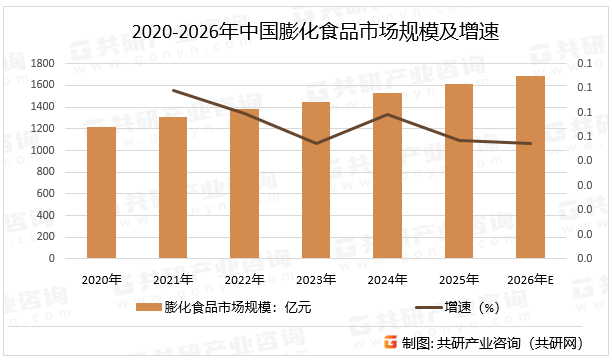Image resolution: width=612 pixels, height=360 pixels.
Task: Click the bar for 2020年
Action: click(x=101, y=192)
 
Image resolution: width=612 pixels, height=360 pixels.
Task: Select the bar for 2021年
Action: click(x=173, y=187)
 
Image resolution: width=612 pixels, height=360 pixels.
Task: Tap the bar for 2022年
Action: click(x=244, y=183)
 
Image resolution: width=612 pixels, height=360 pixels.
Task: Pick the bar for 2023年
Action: click(x=316, y=180)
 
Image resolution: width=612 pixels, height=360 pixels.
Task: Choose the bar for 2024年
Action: click(x=387, y=175)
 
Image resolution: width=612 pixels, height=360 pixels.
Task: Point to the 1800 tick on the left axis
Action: click(x=41, y=62)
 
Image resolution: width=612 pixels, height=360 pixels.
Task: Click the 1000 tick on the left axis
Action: click(x=41, y=149)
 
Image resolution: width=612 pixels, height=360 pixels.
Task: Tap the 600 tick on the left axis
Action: click(x=45, y=193)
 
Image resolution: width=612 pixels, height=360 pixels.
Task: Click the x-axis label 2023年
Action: click(x=316, y=279)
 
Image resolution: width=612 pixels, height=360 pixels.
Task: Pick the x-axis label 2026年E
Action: click(x=530, y=279)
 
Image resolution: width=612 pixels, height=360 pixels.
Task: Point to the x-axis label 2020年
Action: click(x=101, y=279)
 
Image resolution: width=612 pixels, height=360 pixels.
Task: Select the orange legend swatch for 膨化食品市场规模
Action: click(x=147, y=307)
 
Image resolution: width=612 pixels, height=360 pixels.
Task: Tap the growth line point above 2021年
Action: click(x=173, y=90)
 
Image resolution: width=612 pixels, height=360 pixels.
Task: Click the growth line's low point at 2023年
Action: click(x=316, y=143)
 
